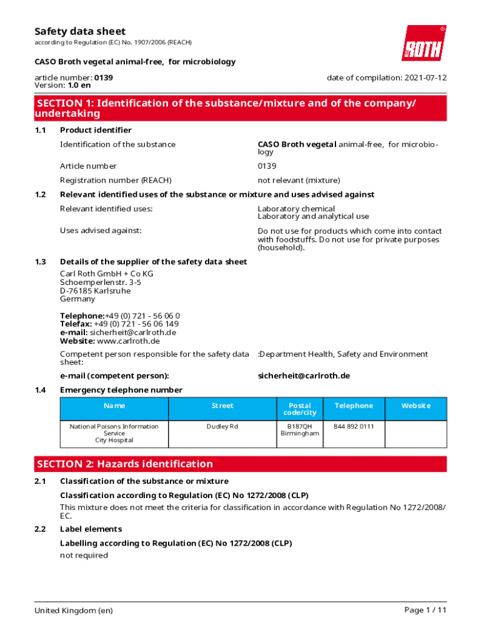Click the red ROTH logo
[424, 43]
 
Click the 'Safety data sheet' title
[80, 31]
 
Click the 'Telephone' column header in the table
[354, 406]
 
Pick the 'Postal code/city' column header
[300, 409]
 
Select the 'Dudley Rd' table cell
[222, 426]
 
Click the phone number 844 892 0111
[354, 426]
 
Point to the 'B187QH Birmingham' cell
[300, 430]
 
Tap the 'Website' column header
[415, 406]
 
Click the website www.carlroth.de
[129, 341]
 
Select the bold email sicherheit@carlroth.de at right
[304, 376]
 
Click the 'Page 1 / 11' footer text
[425, 610]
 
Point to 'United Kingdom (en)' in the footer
[74, 610]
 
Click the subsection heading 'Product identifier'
[96, 130]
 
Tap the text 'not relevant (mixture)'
[299, 180]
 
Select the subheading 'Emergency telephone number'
[121, 390]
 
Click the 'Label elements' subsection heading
[91, 529]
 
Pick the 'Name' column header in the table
[114, 406]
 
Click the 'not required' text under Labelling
[84, 555]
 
